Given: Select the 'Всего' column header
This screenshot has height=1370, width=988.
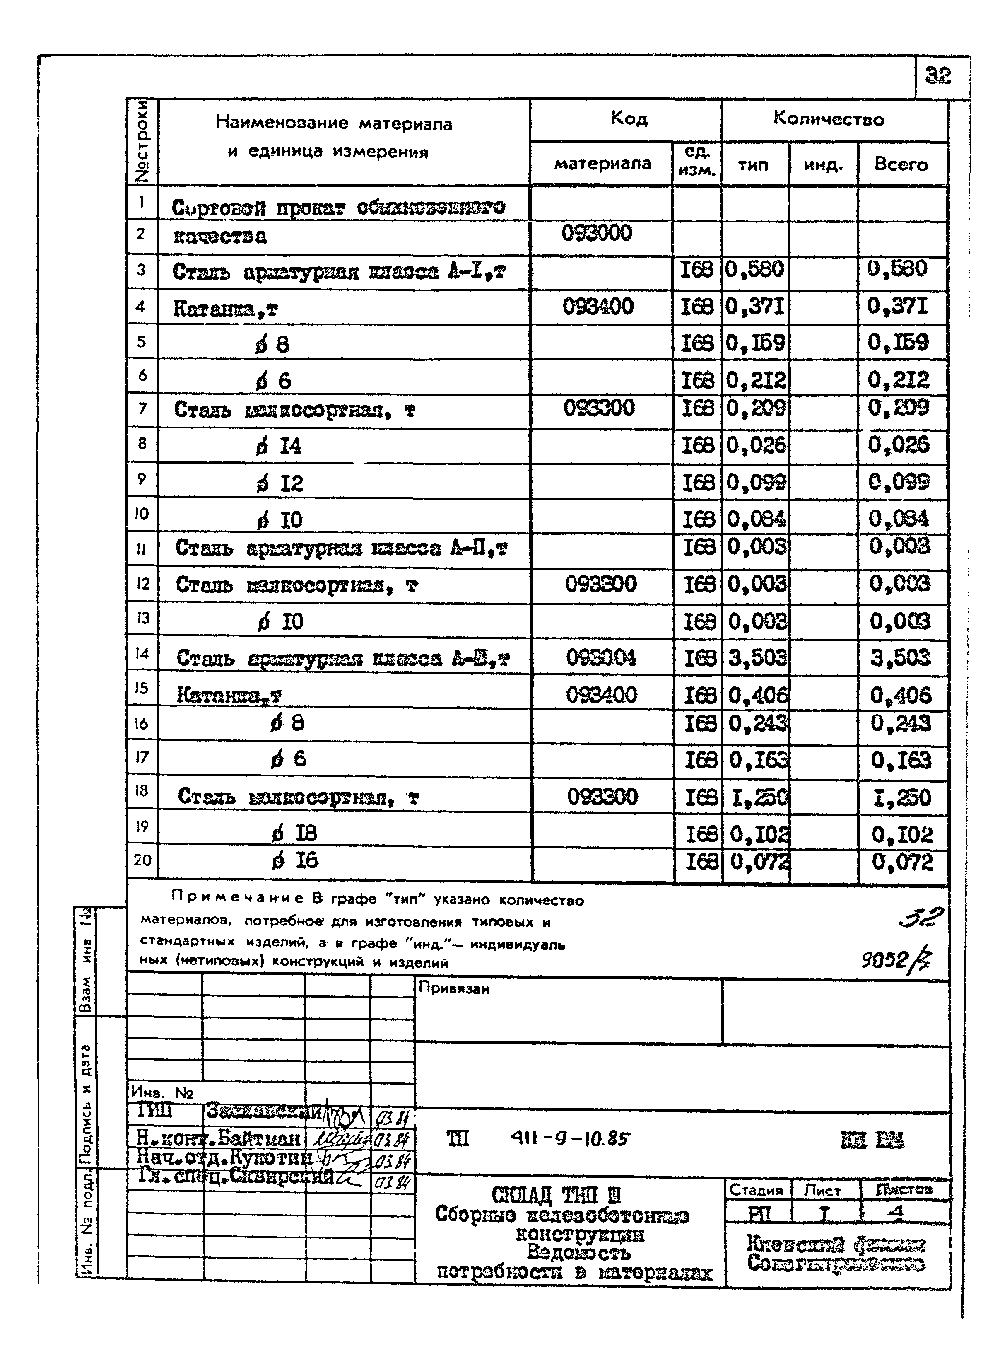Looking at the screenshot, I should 901,164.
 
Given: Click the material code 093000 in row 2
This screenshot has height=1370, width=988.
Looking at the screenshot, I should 597,233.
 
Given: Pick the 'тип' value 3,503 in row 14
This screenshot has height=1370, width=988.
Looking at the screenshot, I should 757,657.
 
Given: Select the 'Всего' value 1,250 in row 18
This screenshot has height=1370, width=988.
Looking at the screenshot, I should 901,798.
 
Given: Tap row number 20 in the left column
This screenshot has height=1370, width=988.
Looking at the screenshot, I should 142,859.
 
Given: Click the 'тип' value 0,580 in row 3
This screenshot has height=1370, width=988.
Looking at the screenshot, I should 754,269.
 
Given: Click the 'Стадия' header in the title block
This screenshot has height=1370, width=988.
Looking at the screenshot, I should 756,1190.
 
